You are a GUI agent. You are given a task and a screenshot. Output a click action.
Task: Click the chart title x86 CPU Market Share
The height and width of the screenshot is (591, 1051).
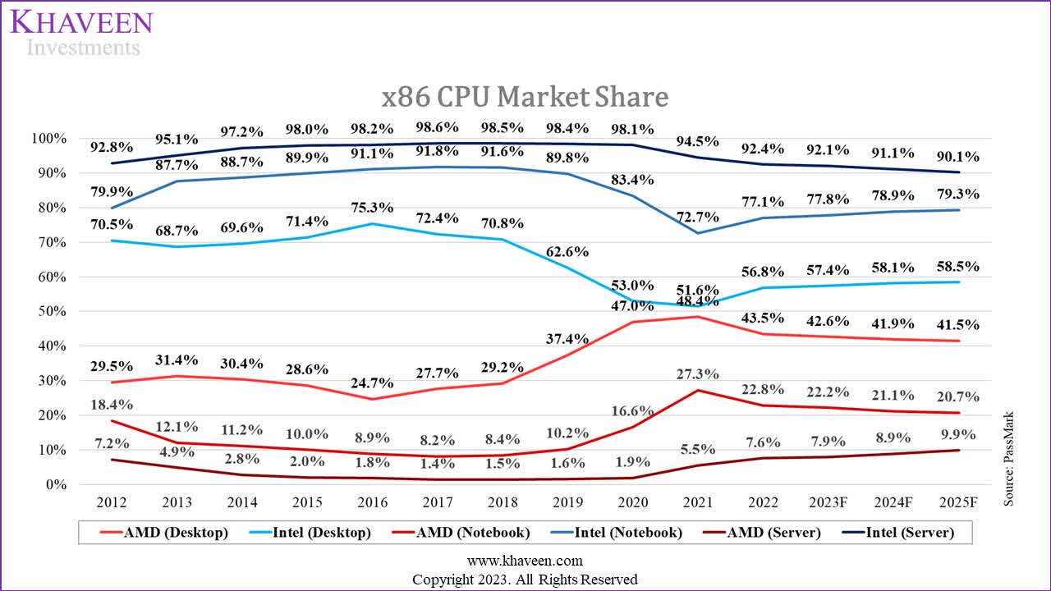click(525, 97)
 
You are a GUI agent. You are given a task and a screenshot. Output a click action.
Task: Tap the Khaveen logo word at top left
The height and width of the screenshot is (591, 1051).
click(81, 22)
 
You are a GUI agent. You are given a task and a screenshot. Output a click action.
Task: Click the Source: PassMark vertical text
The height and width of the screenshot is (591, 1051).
click(1009, 458)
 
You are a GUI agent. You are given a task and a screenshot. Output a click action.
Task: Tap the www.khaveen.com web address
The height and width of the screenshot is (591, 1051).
click(525, 561)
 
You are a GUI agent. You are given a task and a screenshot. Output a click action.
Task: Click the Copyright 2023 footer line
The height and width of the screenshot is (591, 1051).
click(525, 580)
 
